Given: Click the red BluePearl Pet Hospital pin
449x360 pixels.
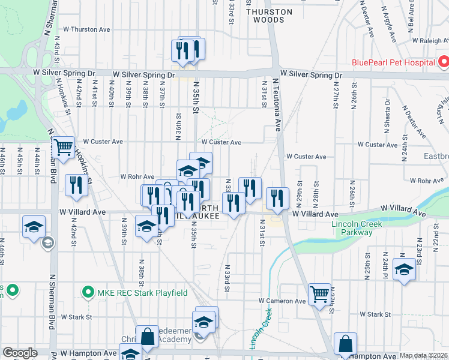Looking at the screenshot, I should point(443,62).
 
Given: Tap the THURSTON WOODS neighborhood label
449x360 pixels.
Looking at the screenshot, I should point(269,16).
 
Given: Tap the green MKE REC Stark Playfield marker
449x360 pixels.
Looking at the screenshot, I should point(88,293).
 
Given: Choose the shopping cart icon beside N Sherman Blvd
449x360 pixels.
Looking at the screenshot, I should point(64,147).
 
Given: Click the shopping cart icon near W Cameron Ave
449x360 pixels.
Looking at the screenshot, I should point(320,295).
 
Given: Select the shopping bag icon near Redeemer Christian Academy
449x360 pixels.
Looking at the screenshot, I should point(147,337).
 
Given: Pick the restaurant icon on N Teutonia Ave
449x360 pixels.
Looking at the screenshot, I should point(277,197).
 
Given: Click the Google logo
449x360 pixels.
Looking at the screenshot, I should point(20,353).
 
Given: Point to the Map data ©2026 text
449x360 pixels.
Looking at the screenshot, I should point(423,356).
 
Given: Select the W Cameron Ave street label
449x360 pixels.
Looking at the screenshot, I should point(282,301).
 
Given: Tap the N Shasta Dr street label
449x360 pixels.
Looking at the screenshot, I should point(387,115).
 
